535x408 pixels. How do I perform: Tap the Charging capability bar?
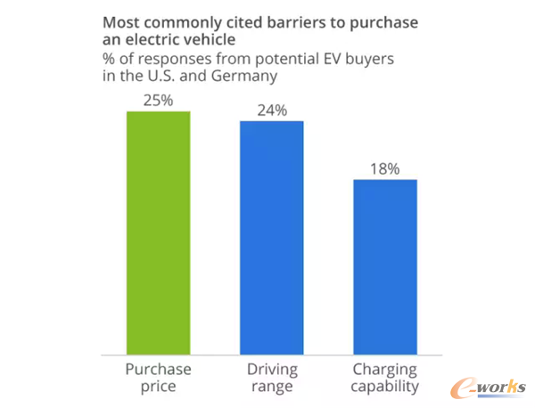385,265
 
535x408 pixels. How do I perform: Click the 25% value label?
158,100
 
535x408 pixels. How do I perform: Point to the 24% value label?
271,110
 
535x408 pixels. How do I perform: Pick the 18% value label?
385,168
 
